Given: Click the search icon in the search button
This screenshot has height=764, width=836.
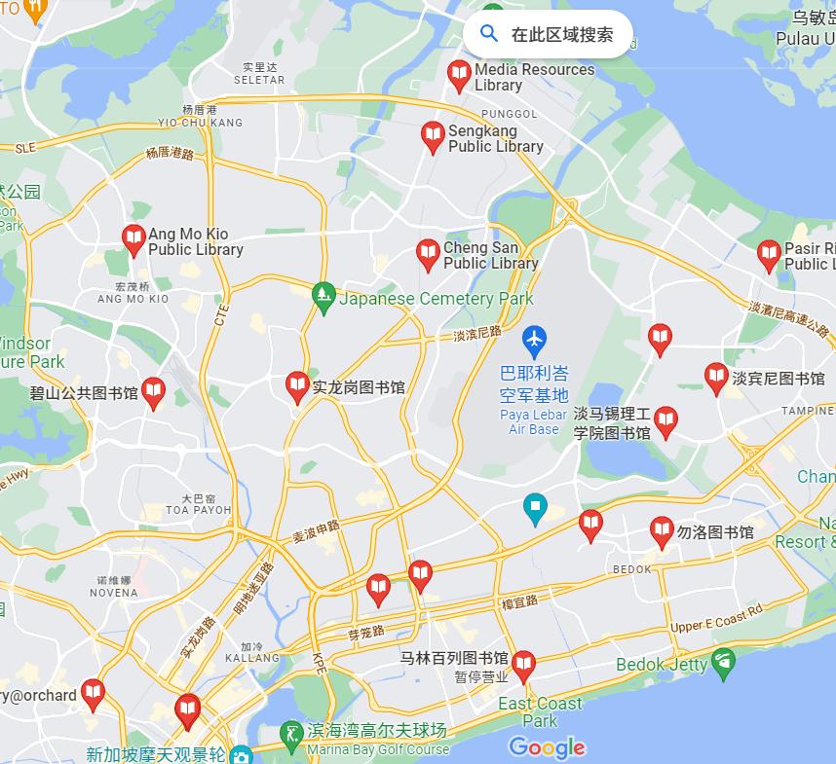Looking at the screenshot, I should (489, 34).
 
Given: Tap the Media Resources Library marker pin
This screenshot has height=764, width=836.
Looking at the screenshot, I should (459, 74).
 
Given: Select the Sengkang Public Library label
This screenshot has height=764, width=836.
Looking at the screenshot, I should (495, 138).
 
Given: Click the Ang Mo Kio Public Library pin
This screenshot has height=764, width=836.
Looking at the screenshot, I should (133, 238).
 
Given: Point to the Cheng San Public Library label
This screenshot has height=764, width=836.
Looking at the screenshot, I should (490, 255).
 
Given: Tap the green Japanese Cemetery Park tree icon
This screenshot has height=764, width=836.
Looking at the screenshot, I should (323, 295).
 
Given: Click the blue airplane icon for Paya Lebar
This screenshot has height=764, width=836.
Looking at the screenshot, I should (533, 341).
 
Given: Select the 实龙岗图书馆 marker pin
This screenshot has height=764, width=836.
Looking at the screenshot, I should (297, 385).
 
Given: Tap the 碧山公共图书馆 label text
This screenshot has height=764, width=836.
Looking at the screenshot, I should (84, 393).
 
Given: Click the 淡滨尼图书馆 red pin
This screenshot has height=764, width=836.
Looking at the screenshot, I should (716, 377).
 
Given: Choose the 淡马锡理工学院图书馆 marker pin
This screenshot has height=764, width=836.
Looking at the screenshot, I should (665, 420).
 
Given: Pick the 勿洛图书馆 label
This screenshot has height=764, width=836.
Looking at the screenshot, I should (715, 532).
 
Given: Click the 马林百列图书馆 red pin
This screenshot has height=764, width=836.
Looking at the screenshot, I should (523, 665).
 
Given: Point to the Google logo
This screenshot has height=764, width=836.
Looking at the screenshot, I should (547, 747).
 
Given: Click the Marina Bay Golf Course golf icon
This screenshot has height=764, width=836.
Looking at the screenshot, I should (290, 734).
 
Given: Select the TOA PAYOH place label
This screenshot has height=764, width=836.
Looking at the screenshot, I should (199, 509).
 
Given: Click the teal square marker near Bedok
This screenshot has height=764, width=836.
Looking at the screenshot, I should (534, 506).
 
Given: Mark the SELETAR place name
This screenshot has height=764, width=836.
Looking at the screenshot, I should (260, 80).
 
